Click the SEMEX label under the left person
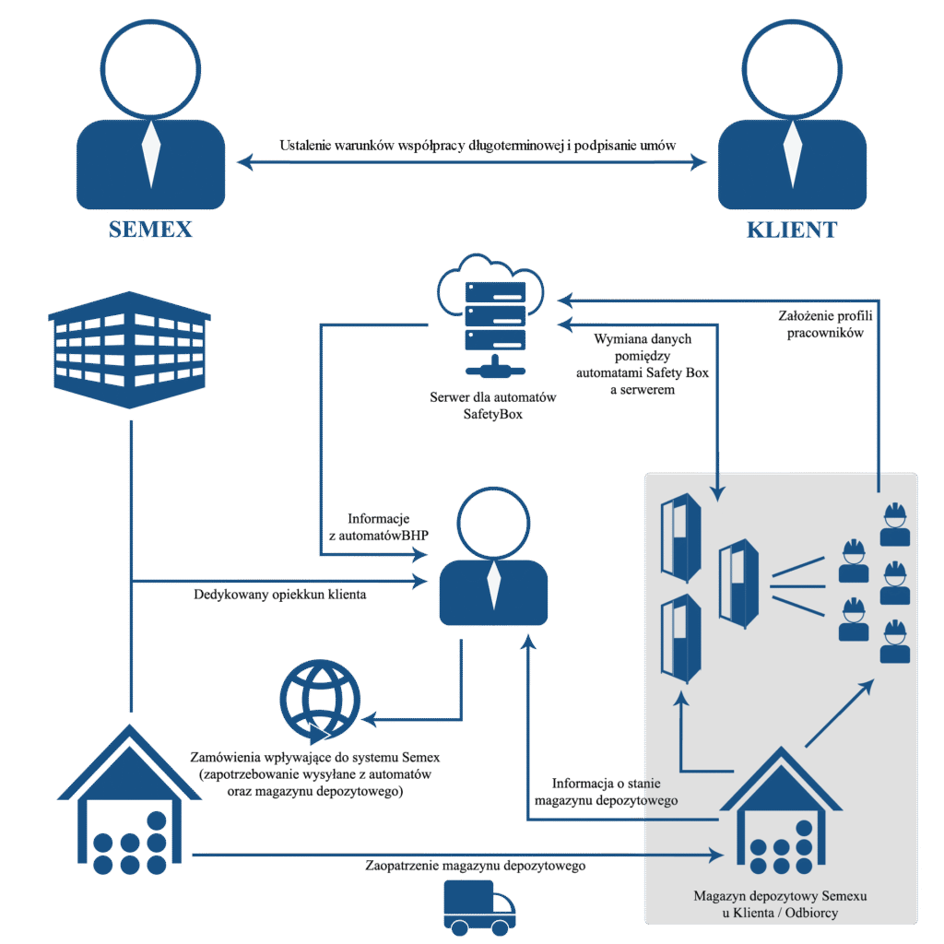click(x=150, y=229)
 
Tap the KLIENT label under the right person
click(x=792, y=229)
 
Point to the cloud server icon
click(x=489, y=313)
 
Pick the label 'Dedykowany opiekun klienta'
click(x=280, y=595)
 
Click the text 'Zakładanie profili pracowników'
click(x=825, y=324)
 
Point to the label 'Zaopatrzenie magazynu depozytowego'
click(x=475, y=867)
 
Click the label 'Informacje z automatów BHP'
click(x=378, y=525)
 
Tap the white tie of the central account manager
click(x=494, y=584)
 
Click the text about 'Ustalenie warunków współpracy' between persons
click(x=478, y=146)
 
